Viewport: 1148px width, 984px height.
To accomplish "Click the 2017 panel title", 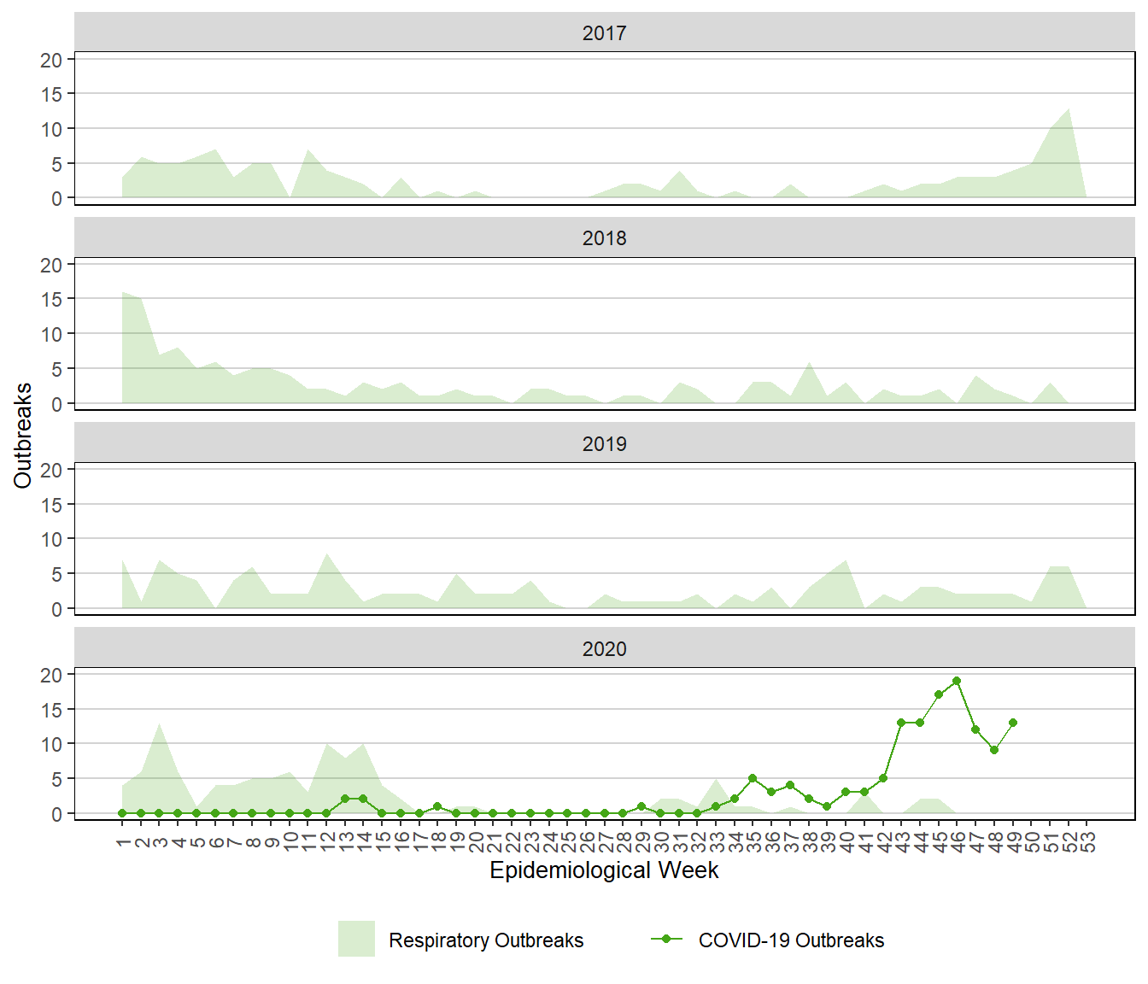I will pyautogui.click(x=604, y=33).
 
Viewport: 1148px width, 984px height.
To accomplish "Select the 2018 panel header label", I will pyautogui.click(x=604, y=238).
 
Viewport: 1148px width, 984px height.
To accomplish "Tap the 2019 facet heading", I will pyautogui.click(x=604, y=444).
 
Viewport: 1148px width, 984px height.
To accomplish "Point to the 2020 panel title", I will pyautogui.click(x=604, y=649).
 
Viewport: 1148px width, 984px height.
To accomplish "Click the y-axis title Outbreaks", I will pyautogui.click(x=23, y=436).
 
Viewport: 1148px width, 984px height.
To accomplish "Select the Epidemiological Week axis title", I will pyautogui.click(x=604, y=870).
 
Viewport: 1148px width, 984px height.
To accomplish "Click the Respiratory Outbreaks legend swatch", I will pyautogui.click(x=356, y=939).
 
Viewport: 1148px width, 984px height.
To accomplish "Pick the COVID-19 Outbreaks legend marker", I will pyautogui.click(x=666, y=939).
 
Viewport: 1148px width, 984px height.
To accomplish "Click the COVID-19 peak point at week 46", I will pyautogui.click(x=957, y=681).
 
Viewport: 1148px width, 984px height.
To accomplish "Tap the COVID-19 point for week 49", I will pyautogui.click(x=1013, y=723).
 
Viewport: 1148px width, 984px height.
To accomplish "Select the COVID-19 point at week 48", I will pyautogui.click(x=994, y=750).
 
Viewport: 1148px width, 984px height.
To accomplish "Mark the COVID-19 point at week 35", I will pyautogui.click(x=753, y=778).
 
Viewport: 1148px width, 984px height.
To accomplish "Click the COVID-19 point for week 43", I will pyautogui.click(x=901, y=723).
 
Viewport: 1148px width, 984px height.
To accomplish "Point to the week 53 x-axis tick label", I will pyautogui.click(x=1087, y=843).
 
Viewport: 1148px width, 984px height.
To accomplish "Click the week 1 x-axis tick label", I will pyautogui.click(x=123, y=841).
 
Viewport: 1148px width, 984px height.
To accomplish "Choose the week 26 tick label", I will pyautogui.click(x=586, y=843).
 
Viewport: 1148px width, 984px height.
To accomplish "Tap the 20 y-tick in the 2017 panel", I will pyautogui.click(x=52, y=60).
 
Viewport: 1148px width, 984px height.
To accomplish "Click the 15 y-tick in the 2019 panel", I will pyautogui.click(x=52, y=505).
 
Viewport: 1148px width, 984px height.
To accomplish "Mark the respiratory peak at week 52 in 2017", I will pyautogui.click(x=1069, y=109).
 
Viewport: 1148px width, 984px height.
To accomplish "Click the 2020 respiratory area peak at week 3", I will pyautogui.click(x=160, y=724).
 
